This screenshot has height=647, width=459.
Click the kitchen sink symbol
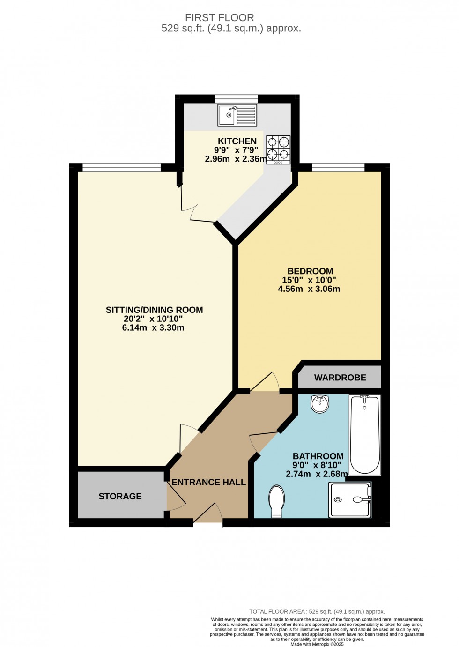tap(237, 115)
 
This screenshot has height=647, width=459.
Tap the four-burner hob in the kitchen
tap(278, 149)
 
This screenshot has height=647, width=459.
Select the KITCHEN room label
tap(237, 141)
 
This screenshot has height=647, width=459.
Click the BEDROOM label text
tap(310, 271)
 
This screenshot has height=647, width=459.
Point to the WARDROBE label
tap(340, 378)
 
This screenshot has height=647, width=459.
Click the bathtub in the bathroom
tap(365, 434)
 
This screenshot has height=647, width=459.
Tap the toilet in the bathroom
tap(277, 501)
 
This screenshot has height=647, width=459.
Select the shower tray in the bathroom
tap(350, 499)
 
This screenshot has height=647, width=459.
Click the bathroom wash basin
tap(320, 404)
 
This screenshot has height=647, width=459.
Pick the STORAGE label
tap(120, 496)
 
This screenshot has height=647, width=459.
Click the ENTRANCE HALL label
tap(208, 482)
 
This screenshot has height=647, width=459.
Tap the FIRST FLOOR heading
tap(220, 18)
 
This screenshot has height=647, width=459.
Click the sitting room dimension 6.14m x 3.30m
tap(153, 328)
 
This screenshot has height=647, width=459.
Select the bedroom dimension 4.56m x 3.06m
tap(309, 289)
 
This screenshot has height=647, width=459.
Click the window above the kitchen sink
tap(236, 98)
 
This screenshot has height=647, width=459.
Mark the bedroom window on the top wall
tap(338, 167)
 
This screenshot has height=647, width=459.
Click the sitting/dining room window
tap(122, 167)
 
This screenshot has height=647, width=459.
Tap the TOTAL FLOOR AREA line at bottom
tap(317, 611)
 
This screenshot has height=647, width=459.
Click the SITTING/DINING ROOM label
tap(154, 310)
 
